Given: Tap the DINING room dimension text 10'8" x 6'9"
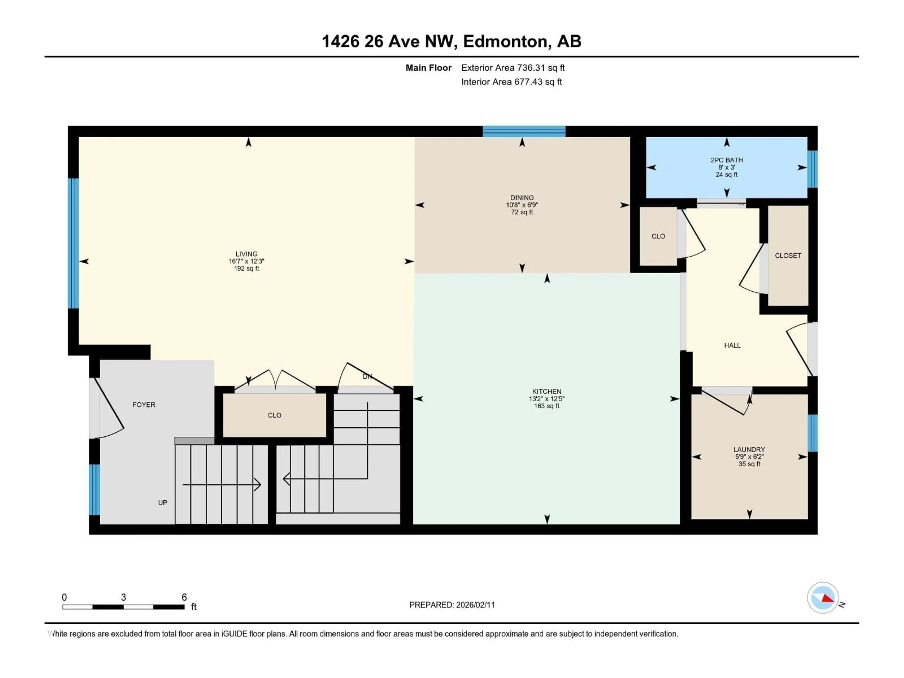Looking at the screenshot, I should click(522, 205).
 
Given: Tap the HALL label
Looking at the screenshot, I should click(732, 345).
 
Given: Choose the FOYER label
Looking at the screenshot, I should click(144, 405).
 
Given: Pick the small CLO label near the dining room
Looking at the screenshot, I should click(658, 236).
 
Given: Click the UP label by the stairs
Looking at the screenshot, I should click(163, 503).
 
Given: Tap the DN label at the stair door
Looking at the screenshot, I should click(367, 376).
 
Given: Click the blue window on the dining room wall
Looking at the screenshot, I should click(524, 131).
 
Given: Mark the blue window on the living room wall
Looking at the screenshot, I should click(73, 243).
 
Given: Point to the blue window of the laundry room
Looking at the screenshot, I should click(812, 433).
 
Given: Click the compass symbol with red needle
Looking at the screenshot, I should click(823, 597).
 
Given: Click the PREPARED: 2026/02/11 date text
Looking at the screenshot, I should click(452, 605).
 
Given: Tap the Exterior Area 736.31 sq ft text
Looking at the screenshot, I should click(513, 68).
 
